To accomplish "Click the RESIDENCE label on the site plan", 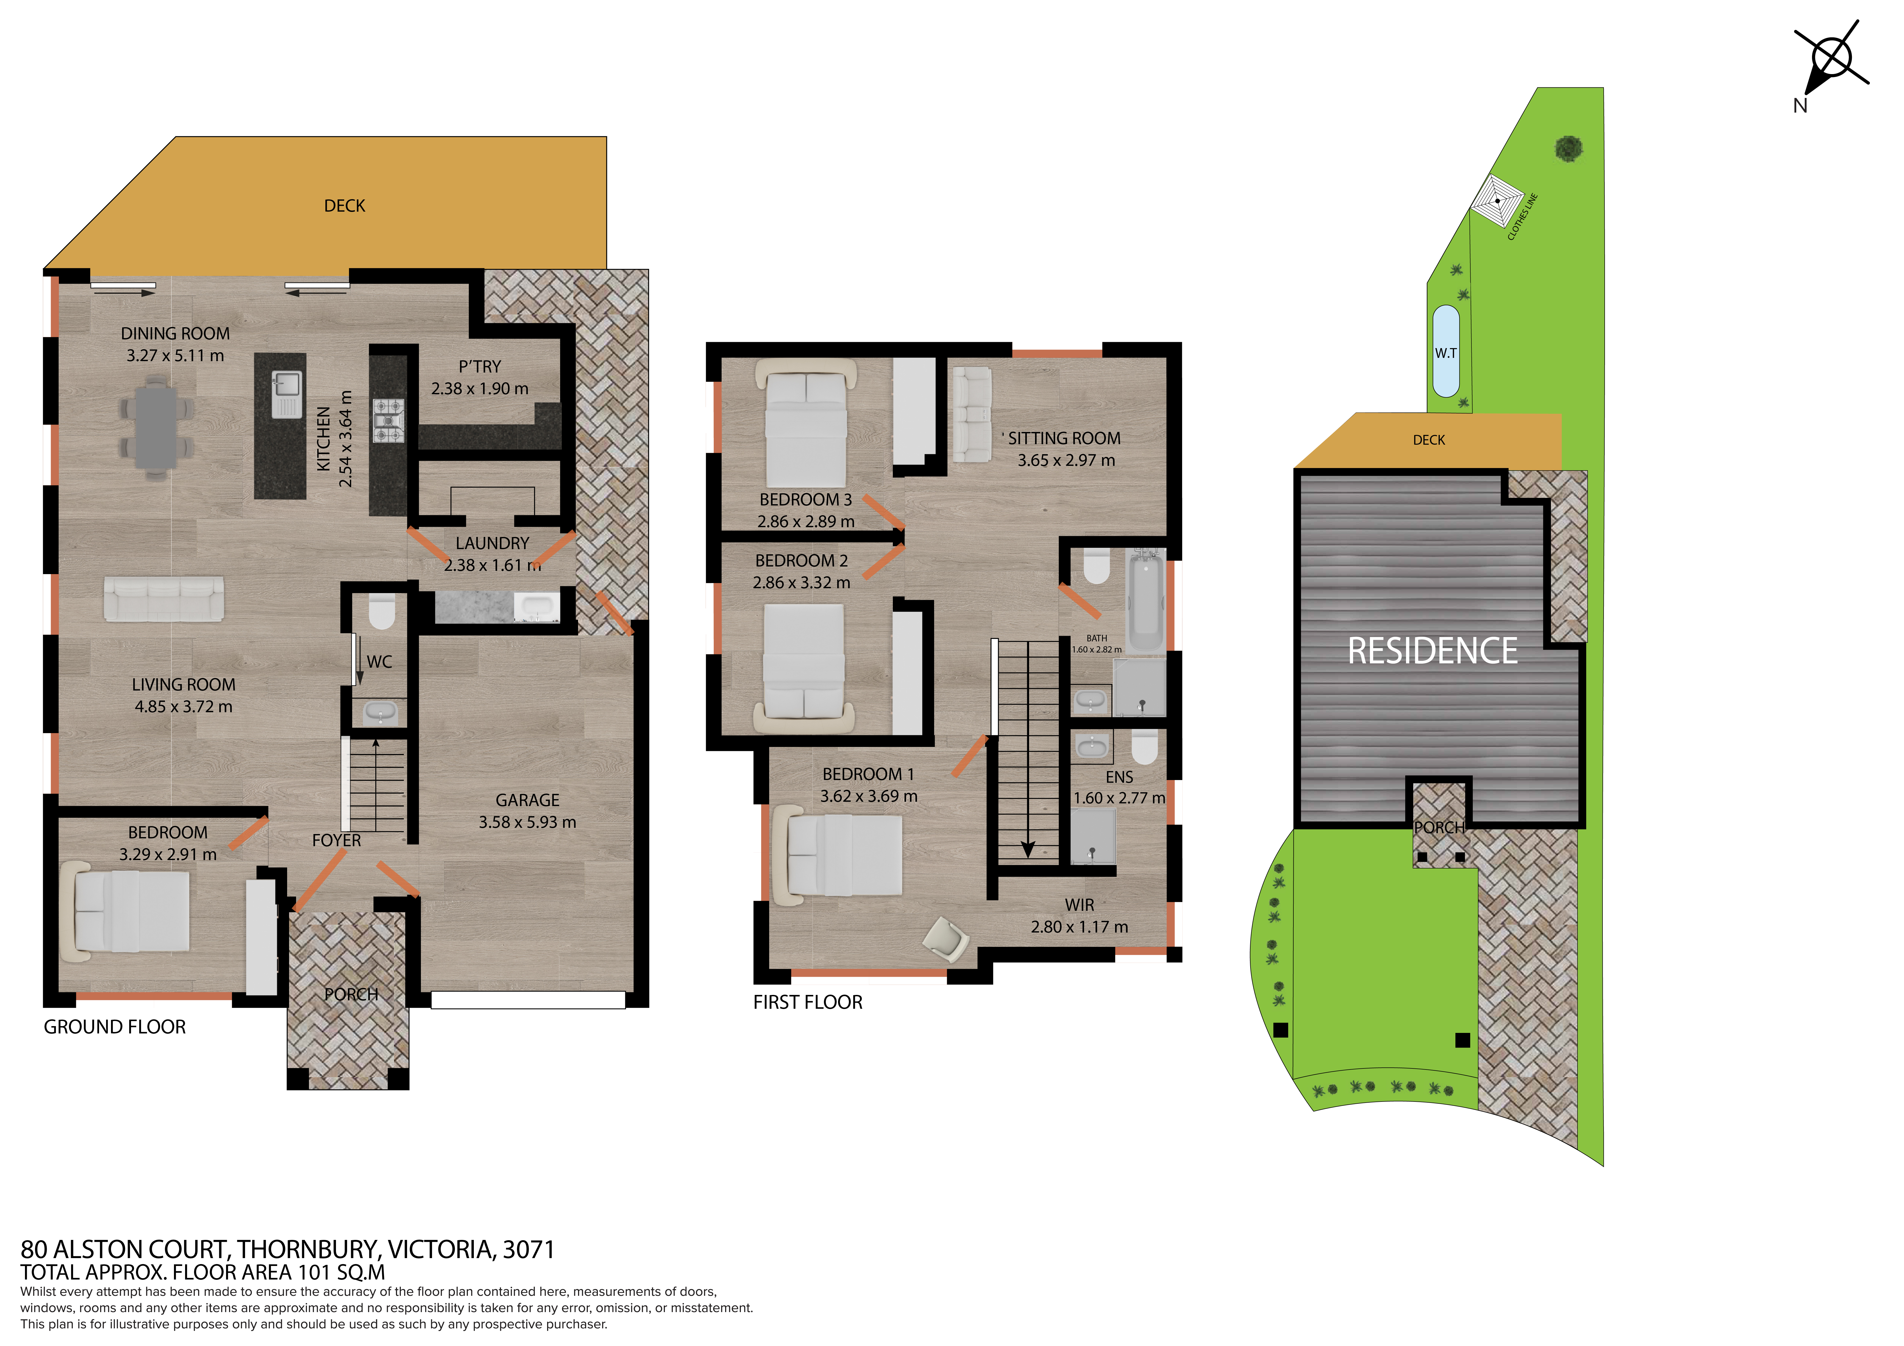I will click(x=1432, y=651).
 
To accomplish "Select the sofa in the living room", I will click(x=163, y=599).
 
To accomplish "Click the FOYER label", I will click(x=336, y=840).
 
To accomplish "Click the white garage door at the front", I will click(x=527, y=1000).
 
